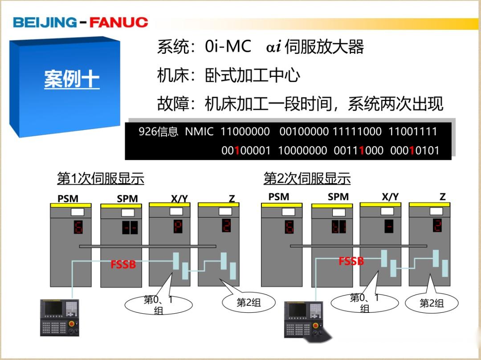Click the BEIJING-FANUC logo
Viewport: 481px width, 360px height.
point(80,22)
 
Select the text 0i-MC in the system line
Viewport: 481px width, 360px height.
point(228,46)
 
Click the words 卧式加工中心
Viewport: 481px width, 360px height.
point(252,75)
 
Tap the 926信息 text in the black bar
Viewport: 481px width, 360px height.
point(158,132)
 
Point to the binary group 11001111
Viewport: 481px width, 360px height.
point(413,132)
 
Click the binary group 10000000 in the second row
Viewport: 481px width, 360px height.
point(302,151)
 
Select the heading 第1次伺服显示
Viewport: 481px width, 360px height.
point(101,178)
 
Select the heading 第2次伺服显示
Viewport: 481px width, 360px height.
point(307,178)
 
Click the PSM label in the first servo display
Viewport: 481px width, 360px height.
point(68,198)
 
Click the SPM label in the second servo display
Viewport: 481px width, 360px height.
point(338,197)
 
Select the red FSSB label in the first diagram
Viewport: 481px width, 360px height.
point(123,265)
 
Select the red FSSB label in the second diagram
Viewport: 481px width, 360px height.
point(351,261)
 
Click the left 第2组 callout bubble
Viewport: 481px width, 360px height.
point(248,303)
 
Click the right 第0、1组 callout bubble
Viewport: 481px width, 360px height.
point(364,303)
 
